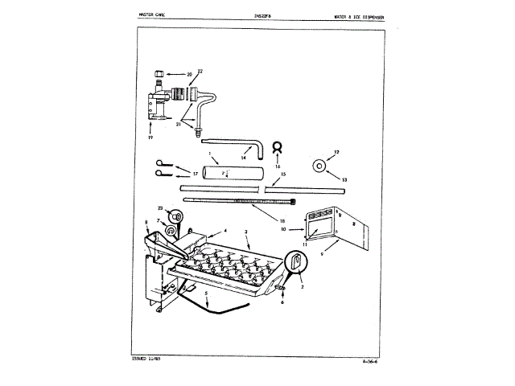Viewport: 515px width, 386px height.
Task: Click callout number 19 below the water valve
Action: coord(150,138)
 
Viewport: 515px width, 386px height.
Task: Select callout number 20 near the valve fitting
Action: coord(190,75)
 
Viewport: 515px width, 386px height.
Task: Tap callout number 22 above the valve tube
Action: coord(200,72)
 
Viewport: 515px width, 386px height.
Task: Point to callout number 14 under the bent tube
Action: coord(244,158)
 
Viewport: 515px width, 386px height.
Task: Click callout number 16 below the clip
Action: coord(278,166)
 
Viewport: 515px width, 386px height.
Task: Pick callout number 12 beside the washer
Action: coord(337,152)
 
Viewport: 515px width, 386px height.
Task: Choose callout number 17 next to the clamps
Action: coord(195,173)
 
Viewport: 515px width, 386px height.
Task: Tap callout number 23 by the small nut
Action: coord(161,207)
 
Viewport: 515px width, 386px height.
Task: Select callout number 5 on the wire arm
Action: coord(205,305)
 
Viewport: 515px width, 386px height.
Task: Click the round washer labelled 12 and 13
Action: coord(319,166)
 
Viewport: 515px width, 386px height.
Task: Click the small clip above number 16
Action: coord(278,148)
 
